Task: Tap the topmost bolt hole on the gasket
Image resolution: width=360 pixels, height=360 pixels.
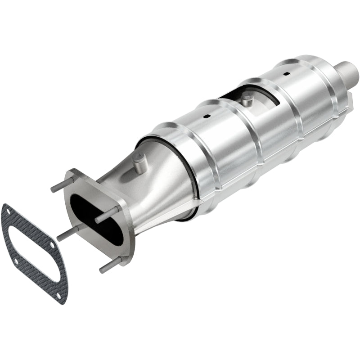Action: [x=6, y=211]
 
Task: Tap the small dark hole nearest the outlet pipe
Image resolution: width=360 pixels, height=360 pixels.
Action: [x=286, y=73]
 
